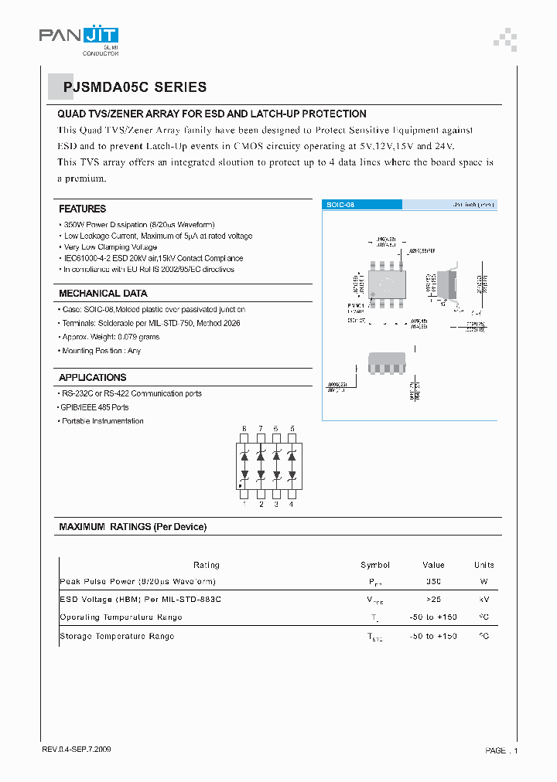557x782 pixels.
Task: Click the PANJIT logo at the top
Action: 79,36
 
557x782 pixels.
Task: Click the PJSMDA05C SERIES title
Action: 135,87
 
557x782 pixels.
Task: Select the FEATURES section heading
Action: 83,209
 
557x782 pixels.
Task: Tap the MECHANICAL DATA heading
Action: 103,294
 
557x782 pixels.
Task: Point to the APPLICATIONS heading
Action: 92,378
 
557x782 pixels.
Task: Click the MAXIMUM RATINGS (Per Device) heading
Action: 133,527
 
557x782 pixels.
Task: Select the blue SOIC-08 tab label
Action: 341,205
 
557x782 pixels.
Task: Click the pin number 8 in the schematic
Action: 244,428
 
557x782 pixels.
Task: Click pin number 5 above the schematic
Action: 292,428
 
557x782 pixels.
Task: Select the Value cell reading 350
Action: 433,581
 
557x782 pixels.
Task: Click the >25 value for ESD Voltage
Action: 433,600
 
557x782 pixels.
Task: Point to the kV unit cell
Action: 484,600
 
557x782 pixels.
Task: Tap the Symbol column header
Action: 375,565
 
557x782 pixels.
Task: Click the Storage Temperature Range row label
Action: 117,636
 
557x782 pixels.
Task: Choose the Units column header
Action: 484,565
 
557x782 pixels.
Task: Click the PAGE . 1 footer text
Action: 501,750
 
